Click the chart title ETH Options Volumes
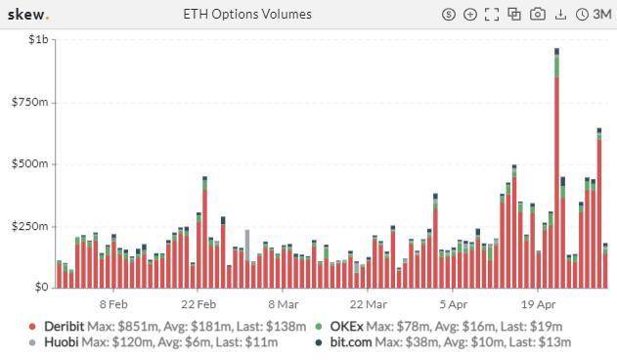click(x=247, y=14)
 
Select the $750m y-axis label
click(x=30, y=102)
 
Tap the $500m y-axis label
click(x=30, y=163)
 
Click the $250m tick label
click(x=30, y=226)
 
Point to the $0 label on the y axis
click(x=40, y=288)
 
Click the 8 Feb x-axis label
click(x=113, y=303)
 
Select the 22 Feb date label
click(x=198, y=303)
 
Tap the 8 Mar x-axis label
click(x=284, y=303)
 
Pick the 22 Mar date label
click(x=369, y=303)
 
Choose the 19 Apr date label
click(x=538, y=303)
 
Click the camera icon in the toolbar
click(x=538, y=14)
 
